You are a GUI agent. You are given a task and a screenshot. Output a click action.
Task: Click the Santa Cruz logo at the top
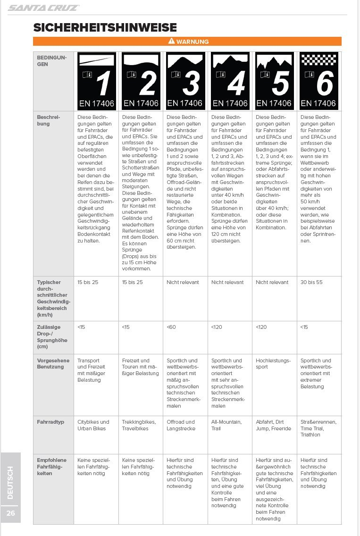[43, 8]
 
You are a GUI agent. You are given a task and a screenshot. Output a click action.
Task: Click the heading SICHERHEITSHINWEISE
[105, 27]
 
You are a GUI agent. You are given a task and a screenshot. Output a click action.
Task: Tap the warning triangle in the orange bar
[172, 42]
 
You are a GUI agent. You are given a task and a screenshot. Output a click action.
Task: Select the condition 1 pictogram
[97, 81]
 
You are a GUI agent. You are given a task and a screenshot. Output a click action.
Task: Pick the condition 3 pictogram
[185, 81]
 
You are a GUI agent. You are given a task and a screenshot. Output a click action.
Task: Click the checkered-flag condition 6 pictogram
[318, 81]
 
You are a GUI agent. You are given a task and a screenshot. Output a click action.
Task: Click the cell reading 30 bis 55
[312, 282]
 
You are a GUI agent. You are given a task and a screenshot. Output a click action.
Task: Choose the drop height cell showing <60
[171, 327]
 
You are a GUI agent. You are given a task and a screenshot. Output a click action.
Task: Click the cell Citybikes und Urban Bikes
[93, 425]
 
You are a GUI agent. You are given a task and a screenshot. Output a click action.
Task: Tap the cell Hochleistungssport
[273, 364]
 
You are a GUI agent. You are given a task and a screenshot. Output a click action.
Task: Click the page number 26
[10, 513]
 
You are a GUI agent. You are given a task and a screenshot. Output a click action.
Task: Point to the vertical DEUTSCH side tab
[10, 482]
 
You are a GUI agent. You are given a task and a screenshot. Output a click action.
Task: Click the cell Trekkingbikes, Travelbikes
[139, 425]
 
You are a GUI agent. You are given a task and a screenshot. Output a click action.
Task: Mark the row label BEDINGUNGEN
[52, 60]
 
